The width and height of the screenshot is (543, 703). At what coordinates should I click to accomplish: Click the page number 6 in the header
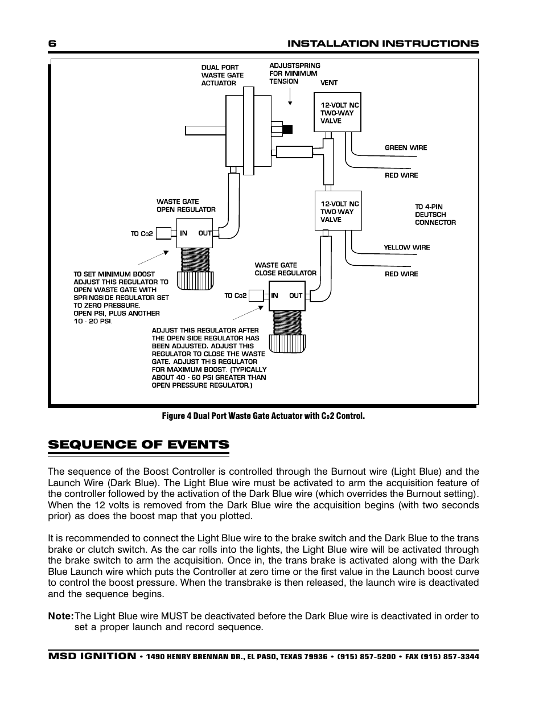pyautogui.click(x=52, y=44)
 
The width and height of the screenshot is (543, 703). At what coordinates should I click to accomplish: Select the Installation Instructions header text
pyautogui.click(x=382, y=44)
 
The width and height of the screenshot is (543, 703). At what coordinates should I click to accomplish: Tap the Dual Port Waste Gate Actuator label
pyautogui.click(x=222, y=75)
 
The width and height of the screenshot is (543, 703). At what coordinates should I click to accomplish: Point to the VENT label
pyautogui.click(x=328, y=83)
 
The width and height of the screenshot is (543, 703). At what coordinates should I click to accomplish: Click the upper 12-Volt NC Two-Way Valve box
pyautogui.click(x=338, y=112)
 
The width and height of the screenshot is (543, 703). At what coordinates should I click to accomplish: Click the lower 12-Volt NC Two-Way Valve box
pyautogui.click(x=338, y=211)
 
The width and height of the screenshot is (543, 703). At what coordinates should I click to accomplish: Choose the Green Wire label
pyautogui.click(x=405, y=148)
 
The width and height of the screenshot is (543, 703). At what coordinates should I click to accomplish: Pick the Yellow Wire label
pyautogui.click(x=406, y=248)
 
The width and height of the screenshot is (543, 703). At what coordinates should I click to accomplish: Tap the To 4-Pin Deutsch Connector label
pyautogui.click(x=435, y=215)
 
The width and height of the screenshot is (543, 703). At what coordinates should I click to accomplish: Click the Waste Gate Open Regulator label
pyautogui.click(x=186, y=205)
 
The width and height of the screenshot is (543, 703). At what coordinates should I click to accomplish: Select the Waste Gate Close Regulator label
pyautogui.click(x=285, y=269)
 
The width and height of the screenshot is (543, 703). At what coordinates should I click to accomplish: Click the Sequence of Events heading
pyautogui.click(x=138, y=445)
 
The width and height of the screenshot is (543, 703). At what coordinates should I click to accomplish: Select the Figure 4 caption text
pyautogui.click(x=263, y=416)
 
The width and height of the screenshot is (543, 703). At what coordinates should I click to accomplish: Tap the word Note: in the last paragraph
pyautogui.click(x=61, y=616)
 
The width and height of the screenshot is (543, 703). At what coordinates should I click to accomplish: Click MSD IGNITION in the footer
pyautogui.click(x=92, y=656)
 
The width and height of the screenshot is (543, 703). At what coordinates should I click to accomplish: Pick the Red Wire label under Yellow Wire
pyautogui.click(x=401, y=274)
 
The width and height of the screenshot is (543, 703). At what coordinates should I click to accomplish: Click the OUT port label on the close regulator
pyautogui.click(x=295, y=295)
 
